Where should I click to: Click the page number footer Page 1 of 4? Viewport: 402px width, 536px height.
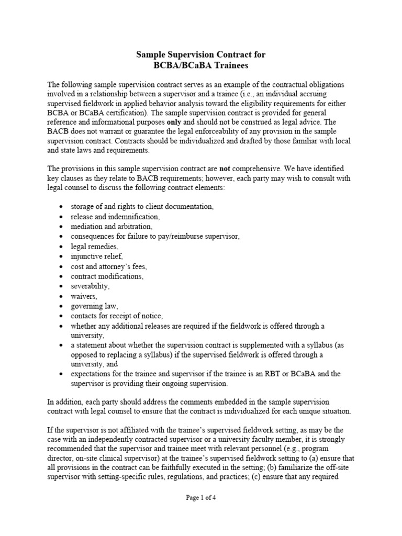pos(201,498)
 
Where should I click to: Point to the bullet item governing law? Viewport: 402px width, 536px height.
pos(95,306)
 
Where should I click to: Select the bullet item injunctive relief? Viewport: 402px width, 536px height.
pos(96,256)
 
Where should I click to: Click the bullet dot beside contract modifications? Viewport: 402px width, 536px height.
pos(61,276)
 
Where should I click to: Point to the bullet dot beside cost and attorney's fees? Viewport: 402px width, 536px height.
pos(61,266)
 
